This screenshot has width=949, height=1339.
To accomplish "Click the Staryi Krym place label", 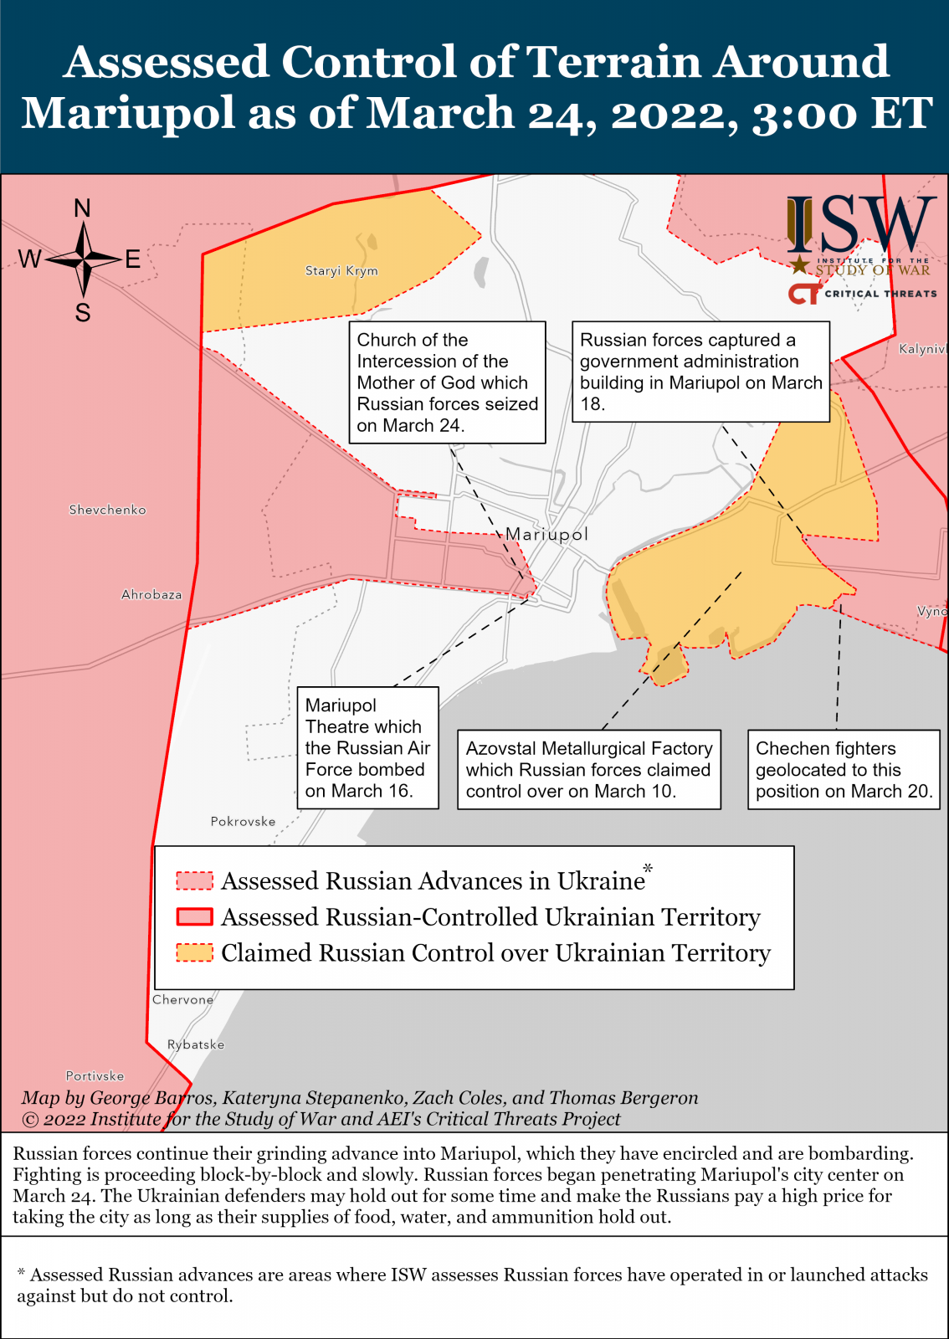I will coord(341,270).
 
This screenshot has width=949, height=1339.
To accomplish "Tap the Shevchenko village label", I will coord(107,510).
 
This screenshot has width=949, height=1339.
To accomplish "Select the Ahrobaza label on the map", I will coord(151,595).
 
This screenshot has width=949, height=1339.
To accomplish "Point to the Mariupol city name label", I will coord(547,534).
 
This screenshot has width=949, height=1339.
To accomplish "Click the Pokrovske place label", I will coord(243,822).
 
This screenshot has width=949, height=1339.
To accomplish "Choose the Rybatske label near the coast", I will coord(196,1044).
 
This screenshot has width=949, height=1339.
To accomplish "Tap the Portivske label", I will coord(95,1076).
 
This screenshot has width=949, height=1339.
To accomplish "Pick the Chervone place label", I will coord(182,1000).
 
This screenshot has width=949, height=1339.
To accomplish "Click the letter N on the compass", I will coord(82,208).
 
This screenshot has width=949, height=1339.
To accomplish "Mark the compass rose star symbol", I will coord(83,260).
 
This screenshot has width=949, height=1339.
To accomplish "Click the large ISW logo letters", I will coord(861,226).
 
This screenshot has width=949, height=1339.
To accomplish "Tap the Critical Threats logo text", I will coord(880,294).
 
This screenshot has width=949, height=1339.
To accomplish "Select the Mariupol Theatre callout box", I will coord(367,748).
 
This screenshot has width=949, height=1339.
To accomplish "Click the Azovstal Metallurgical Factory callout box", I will coord(588,770).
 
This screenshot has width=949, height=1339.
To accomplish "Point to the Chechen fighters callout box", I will coord(844,770).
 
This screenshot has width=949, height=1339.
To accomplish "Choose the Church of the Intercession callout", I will coord(447,382).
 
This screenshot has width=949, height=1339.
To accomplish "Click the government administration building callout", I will coord(700,372).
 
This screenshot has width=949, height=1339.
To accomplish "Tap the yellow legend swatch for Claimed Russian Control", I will coord(194,953).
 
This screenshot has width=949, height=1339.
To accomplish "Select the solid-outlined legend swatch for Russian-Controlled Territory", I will coord(194,917).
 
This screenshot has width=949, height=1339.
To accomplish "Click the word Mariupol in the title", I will coord(128,113).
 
